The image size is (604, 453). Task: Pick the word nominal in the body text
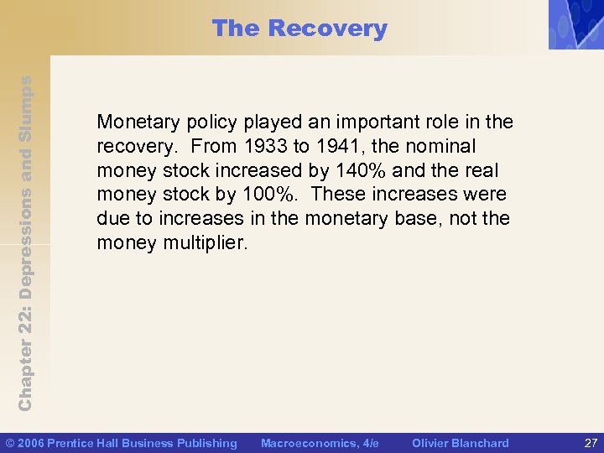[445, 146]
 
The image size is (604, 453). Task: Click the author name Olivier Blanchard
[460, 443]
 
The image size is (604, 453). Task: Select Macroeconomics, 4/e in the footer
[320, 443]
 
